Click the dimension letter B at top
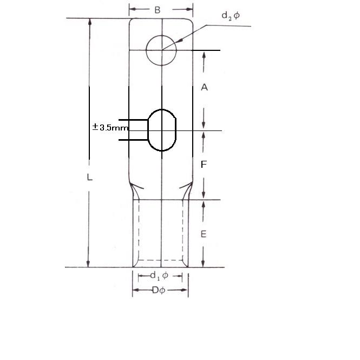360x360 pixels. tap(158, 10)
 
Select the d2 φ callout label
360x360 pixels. tap(231, 16)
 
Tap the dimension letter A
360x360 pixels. tap(204, 87)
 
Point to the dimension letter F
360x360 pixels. tap(204, 165)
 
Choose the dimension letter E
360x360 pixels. tap(204, 234)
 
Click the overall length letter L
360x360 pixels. tap(89, 177)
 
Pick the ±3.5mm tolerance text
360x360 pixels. tap(110, 127)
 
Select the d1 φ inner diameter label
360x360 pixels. tap(159, 276)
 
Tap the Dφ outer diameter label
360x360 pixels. tap(159, 290)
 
